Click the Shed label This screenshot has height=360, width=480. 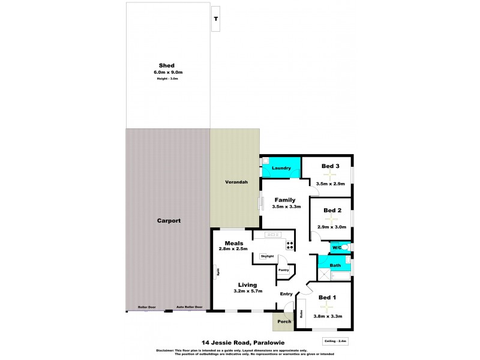click(x=166, y=65)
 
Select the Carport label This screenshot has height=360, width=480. click(x=169, y=221)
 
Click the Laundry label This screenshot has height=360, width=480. click(x=281, y=169)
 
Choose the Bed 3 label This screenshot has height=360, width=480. click(x=331, y=166)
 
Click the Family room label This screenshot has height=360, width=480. click(x=285, y=200)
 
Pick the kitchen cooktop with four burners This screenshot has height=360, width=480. click(x=290, y=245)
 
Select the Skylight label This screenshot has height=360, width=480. click(x=267, y=257)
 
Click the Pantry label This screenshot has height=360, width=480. click(x=283, y=270)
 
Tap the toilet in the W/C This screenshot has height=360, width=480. click(x=346, y=247)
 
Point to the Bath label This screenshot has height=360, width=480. click(x=335, y=265)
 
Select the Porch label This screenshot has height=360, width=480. click(x=284, y=322)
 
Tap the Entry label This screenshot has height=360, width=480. click(x=287, y=293)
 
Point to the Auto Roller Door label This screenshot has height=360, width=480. click(x=189, y=307)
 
